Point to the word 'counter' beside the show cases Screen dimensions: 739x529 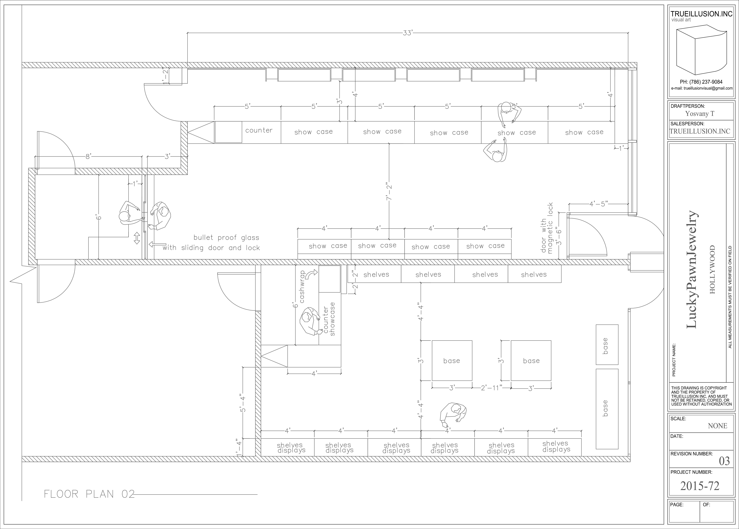point(259,130)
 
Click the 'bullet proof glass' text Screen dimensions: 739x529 point(226,238)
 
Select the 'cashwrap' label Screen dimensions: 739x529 point(302,287)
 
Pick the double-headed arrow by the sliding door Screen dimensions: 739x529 point(137,238)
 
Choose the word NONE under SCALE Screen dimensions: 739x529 point(718,426)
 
